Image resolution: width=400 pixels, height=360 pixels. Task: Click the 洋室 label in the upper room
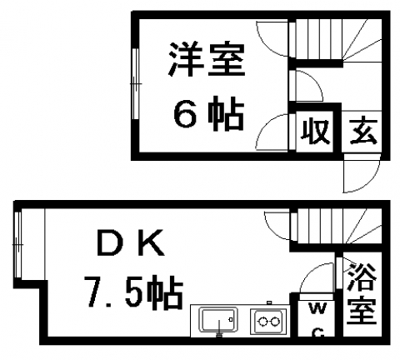click(x=207, y=59)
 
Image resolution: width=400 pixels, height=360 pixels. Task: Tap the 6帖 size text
click(x=208, y=114)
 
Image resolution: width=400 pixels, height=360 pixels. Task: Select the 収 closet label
click(x=316, y=132)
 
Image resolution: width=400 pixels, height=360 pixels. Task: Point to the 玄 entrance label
click(x=363, y=132)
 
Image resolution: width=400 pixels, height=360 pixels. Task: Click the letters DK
click(x=131, y=243)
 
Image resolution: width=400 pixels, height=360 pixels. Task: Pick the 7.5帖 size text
click(x=133, y=292)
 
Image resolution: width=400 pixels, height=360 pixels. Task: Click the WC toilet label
click(x=317, y=319)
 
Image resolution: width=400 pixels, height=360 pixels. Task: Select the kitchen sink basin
click(x=219, y=320)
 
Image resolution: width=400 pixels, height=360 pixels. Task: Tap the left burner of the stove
click(x=262, y=322)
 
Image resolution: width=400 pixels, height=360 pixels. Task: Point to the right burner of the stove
click(x=275, y=322)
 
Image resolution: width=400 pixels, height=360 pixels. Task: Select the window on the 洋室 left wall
click(x=135, y=84)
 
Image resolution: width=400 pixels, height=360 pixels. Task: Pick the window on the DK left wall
click(x=17, y=244)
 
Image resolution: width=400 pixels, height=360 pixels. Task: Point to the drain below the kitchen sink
click(x=219, y=335)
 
